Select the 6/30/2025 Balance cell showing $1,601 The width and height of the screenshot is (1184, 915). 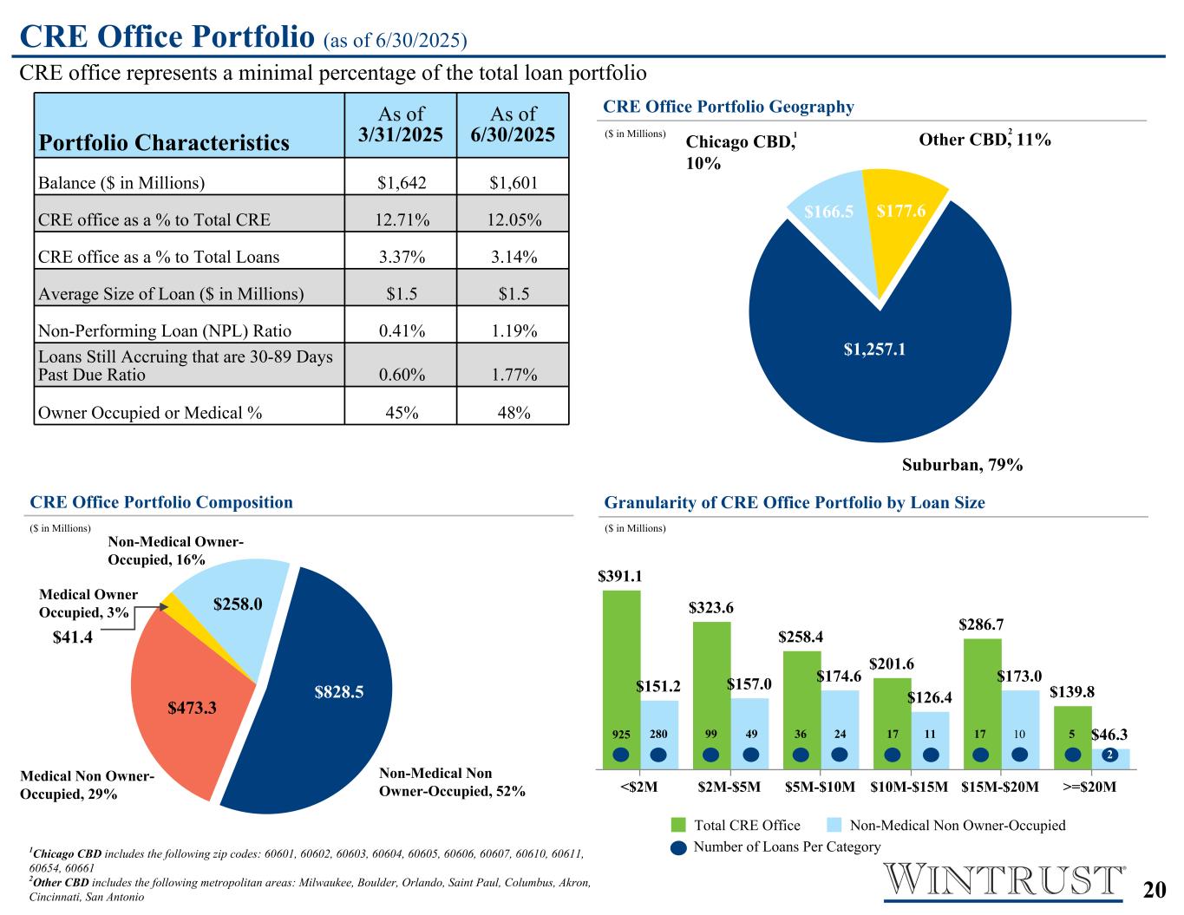[513, 183]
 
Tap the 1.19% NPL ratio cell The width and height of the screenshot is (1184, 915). [513, 330]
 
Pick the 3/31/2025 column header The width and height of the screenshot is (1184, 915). [401, 124]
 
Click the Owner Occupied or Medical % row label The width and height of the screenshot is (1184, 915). [150, 413]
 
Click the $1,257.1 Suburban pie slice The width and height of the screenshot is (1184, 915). [880, 364]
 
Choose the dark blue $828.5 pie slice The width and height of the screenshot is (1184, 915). [338, 694]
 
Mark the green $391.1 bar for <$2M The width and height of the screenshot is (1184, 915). [621, 659]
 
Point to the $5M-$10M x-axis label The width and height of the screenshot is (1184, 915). [820, 788]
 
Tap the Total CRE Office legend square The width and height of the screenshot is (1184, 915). [678, 825]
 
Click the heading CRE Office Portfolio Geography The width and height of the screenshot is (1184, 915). [728, 107]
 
